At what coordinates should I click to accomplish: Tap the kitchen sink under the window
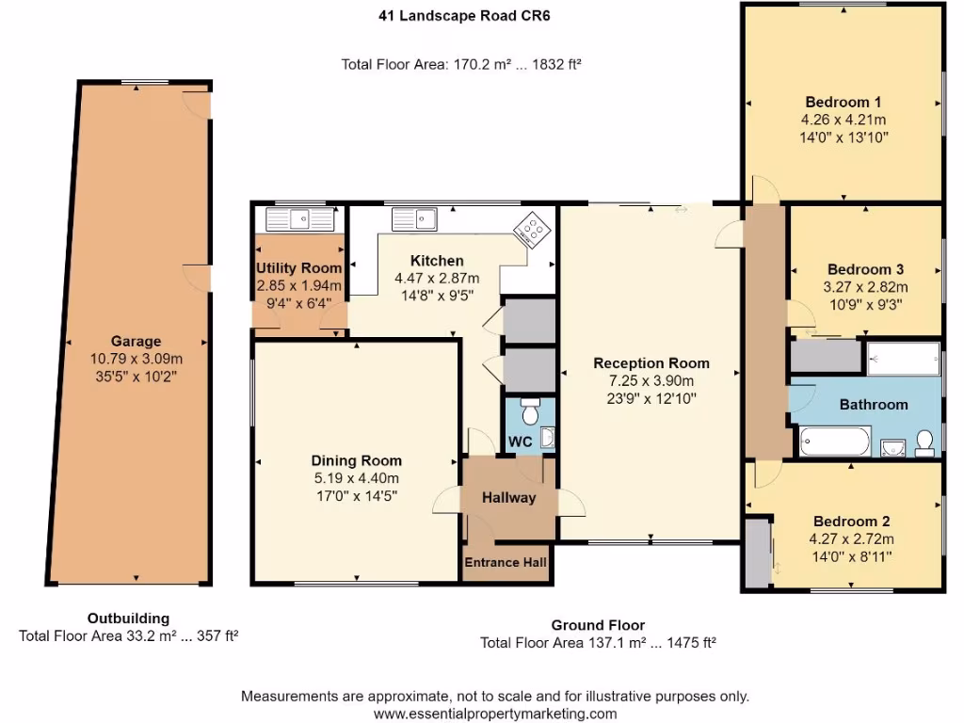(414, 219)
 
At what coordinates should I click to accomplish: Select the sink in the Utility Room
(300, 219)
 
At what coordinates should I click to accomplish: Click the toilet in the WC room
(529, 413)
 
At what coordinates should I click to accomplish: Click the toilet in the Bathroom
(924, 441)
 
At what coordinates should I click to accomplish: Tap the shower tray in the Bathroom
(903, 359)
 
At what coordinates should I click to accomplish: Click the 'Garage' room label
(136, 341)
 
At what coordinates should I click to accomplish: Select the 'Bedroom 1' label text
(843, 103)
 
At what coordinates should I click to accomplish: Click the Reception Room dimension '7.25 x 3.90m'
(651, 380)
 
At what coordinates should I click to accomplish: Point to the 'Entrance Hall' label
(506, 562)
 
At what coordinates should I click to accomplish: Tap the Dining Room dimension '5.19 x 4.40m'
(356, 478)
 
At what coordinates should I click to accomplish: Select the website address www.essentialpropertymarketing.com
(495, 714)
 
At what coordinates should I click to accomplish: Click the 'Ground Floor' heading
(598, 625)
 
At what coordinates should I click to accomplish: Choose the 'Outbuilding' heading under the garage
(128, 619)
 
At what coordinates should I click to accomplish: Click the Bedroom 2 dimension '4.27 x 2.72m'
(851, 539)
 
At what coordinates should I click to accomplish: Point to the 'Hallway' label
(508, 497)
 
